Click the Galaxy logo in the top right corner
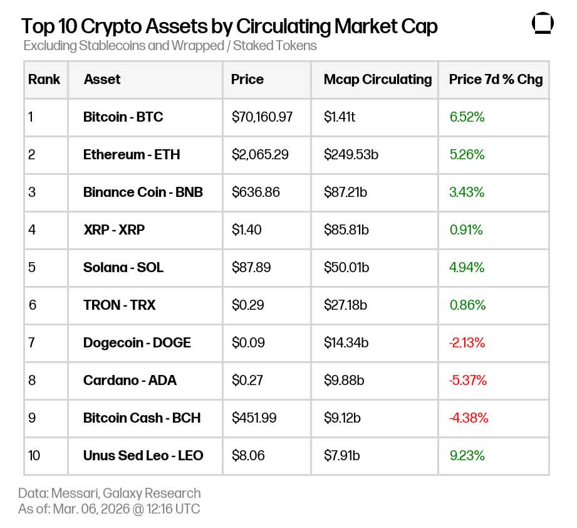tap(543, 24)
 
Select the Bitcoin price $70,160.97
tap(262, 117)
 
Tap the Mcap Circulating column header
tap(377, 80)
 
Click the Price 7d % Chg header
tap(496, 80)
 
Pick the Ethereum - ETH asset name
tap(132, 155)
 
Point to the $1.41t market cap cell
tap(339, 117)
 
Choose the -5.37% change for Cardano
tap(468, 381)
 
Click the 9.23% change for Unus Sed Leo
tap(467, 456)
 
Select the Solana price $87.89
tap(251, 268)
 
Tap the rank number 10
tap(34, 456)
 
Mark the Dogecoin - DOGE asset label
tap(137, 343)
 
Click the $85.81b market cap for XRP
tap(346, 230)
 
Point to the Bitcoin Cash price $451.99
tap(254, 418)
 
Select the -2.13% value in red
tap(467, 343)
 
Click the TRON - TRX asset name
tap(119, 305)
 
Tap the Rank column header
tap(44, 80)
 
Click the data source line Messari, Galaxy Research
tap(109, 493)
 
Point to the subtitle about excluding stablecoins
tap(170, 46)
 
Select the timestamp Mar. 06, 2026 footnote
tap(109, 509)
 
